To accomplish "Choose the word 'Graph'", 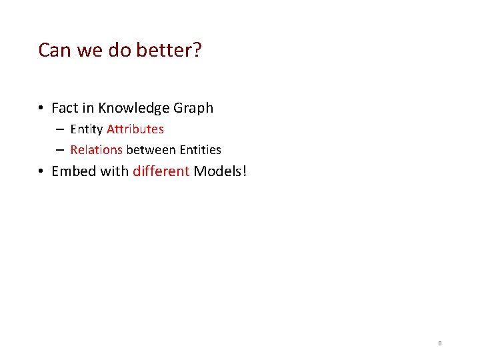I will pos(193,108).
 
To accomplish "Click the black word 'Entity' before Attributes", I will pos(87,129).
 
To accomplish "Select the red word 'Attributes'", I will pos(135,129).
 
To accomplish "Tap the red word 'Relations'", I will pos(96,150).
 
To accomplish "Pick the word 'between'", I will pos(151,150).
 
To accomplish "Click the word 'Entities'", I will pos(200,150).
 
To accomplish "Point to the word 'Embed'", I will pos(73,171).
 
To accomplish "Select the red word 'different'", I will pos(161,171).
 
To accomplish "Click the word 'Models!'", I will pos(220,171).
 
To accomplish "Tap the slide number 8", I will pos(440,343).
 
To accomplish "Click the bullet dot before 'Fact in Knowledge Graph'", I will pos(41,109).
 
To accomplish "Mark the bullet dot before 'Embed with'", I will pos(41,172).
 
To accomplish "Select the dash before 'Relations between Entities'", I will pos(60,151).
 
